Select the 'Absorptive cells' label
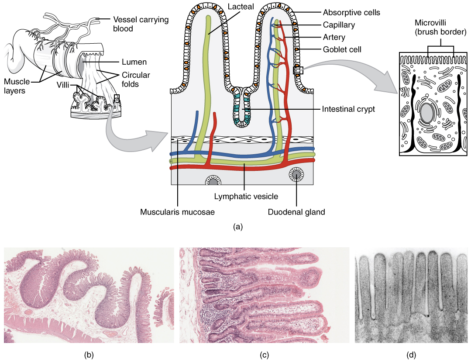pyautogui.click(x=351, y=13)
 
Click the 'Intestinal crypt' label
pyautogui.click(x=348, y=109)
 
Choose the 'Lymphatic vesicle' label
pyautogui.click(x=246, y=196)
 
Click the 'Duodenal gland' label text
pyautogui.click(x=297, y=212)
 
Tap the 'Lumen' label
pyautogui.click(x=134, y=62)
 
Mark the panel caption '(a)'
pyautogui.click(x=238, y=226)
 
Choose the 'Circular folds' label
pyautogui.click(x=135, y=79)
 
